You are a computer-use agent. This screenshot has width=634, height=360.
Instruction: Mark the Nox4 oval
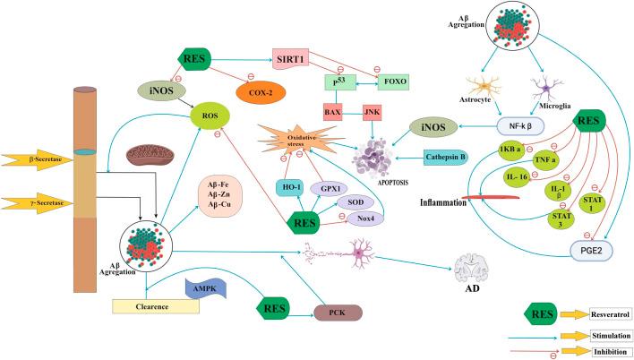364,217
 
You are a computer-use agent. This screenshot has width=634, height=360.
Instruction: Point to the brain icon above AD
470,270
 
